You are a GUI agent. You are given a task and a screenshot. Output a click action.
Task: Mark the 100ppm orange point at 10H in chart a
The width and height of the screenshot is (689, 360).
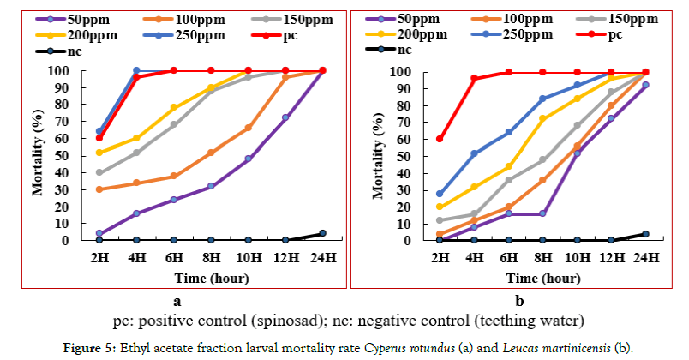point(249,128)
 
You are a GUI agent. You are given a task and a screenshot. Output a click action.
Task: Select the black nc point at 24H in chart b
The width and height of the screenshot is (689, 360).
point(645,233)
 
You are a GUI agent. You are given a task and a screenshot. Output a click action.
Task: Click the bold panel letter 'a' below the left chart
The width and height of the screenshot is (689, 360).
point(177,300)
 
